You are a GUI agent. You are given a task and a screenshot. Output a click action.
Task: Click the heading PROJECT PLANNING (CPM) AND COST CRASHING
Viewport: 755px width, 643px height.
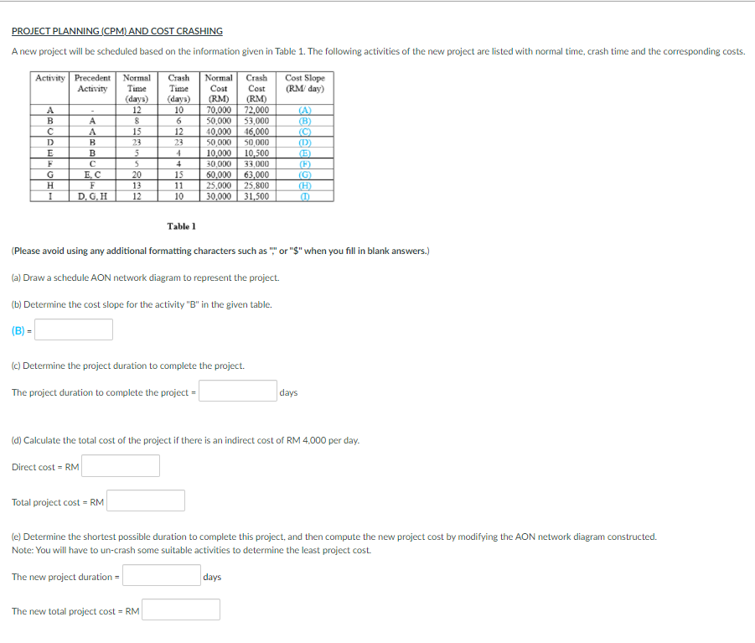(117, 31)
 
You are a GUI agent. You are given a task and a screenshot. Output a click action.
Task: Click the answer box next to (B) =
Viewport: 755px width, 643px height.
(74, 329)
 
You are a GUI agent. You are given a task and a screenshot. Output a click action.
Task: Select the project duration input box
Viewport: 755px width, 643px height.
(238, 392)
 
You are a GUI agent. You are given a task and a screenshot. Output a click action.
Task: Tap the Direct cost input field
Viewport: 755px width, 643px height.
(121, 466)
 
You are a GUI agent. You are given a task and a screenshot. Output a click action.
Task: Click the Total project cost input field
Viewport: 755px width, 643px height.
(146, 501)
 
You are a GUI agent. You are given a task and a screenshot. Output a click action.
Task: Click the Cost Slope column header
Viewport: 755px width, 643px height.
(305, 83)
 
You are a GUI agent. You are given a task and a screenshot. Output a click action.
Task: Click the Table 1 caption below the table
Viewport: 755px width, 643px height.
(181, 226)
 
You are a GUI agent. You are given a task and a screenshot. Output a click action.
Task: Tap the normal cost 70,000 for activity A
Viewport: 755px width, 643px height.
(219, 110)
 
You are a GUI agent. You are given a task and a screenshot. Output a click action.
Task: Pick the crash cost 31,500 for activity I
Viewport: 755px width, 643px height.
(256, 197)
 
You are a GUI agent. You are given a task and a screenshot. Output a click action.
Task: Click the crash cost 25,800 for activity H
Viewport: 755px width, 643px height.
(256, 186)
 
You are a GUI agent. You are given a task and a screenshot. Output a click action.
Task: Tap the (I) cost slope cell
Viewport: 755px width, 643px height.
(305, 197)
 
